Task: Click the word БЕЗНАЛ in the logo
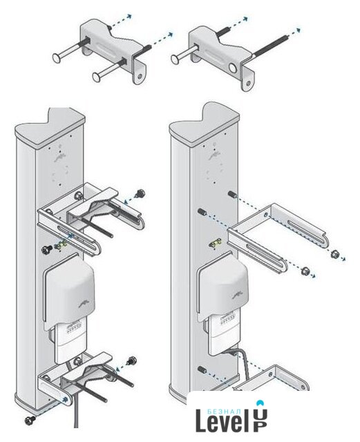pos(225,412)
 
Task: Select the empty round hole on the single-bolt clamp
pos(234,68)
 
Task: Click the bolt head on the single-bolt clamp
pos(176,59)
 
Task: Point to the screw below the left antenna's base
pos(30,420)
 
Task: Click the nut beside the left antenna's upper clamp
pos(140,193)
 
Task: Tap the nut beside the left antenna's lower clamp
pos(131,361)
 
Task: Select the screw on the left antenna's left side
pos(46,250)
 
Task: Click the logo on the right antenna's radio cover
pos(238,296)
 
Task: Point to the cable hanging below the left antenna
pos(75,411)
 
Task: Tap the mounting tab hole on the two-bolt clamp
pos(140,76)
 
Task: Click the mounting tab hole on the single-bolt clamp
pos(248,83)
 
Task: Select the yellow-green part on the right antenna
pos(215,244)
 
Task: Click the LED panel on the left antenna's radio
pos(74,329)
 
